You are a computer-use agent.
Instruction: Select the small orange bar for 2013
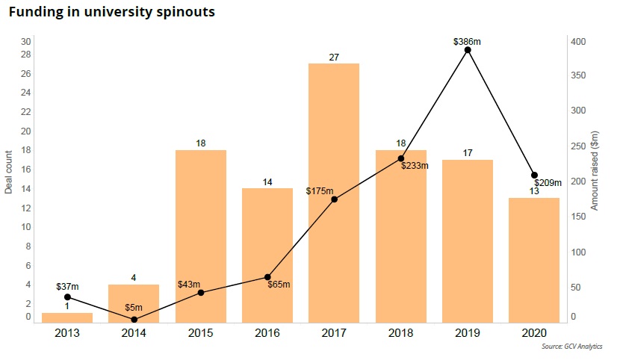[x=67, y=317]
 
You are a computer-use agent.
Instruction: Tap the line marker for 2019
[x=468, y=50]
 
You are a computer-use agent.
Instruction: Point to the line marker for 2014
[x=134, y=320]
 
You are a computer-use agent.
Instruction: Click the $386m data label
[x=467, y=41]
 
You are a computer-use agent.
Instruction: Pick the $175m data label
[x=319, y=191]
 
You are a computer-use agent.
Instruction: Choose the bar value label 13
[x=534, y=191]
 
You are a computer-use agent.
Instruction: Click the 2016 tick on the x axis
[x=267, y=333]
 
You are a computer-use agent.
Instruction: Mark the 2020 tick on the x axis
[x=534, y=333]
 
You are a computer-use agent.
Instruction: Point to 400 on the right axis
[x=578, y=40]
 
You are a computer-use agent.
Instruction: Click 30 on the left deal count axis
[x=26, y=41]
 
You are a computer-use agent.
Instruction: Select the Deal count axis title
[x=9, y=172]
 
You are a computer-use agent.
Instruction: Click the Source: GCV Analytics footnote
[x=572, y=347]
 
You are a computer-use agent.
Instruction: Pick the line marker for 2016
[x=267, y=277]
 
